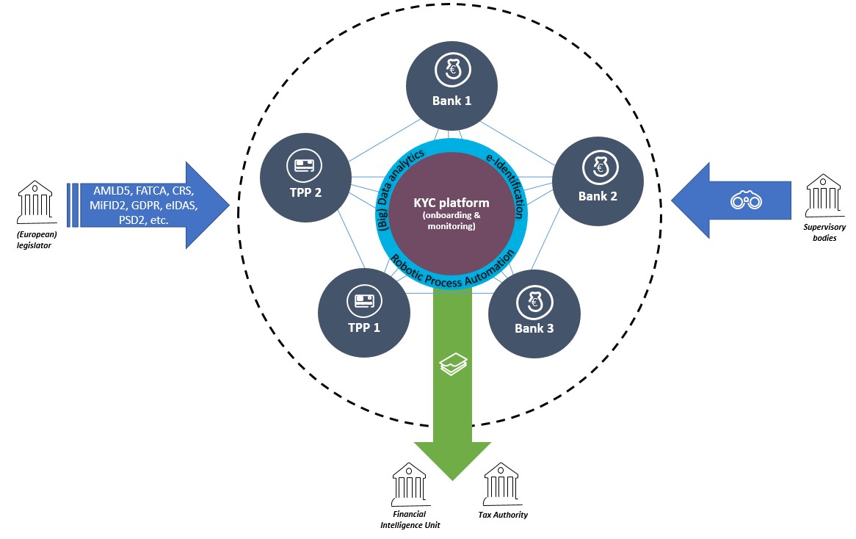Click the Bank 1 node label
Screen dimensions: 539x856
tap(452, 101)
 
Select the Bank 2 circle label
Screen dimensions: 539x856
tap(598, 196)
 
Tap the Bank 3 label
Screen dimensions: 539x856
tap(534, 328)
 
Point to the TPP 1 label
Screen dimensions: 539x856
tap(363, 328)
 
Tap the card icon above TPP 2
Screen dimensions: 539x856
tap(305, 166)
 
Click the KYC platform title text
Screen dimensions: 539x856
tap(451, 203)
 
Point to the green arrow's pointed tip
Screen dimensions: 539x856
tap(452, 479)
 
